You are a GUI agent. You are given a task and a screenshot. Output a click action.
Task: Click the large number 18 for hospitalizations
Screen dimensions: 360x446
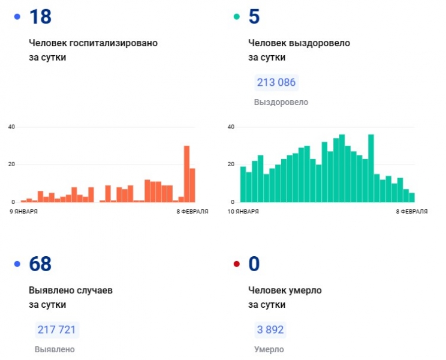click(40, 17)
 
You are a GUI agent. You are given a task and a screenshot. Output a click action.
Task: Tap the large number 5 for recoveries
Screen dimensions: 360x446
click(254, 17)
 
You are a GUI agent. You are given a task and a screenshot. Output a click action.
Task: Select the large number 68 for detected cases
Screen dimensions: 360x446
click(40, 264)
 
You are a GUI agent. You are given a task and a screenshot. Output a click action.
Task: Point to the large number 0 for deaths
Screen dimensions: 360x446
click(254, 264)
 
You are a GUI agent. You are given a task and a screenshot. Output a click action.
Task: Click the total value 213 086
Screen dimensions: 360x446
click(276, 83)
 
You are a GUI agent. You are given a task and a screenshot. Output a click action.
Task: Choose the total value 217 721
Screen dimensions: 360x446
click(57, 330)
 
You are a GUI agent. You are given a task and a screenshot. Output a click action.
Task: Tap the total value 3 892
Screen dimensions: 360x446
click(269, 330)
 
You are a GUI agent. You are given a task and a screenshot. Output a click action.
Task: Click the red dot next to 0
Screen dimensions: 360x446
click(236, 264)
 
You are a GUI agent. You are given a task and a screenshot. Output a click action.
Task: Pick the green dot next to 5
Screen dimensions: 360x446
click(236, 17)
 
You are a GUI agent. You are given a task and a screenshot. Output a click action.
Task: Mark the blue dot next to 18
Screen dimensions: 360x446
click(17, 17)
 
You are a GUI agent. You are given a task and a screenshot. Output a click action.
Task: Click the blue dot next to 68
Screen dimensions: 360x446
click(17, 264)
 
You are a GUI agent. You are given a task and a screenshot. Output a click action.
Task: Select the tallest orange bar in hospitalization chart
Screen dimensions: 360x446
click(186, 174)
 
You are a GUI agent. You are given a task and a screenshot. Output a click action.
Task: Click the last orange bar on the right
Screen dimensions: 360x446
click(192, 185)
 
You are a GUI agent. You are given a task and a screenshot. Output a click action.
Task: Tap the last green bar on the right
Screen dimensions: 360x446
click(412, 197)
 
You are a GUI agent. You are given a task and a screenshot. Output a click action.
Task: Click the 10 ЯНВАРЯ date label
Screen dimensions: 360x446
click(243, 212)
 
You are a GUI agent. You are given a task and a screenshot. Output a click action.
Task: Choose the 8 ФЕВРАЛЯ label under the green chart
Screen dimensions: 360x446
click(411, 212)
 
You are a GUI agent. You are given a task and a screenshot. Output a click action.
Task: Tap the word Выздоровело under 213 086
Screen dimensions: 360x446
click(281, 102)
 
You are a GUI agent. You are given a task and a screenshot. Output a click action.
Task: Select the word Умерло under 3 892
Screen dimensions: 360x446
click(269, 349)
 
